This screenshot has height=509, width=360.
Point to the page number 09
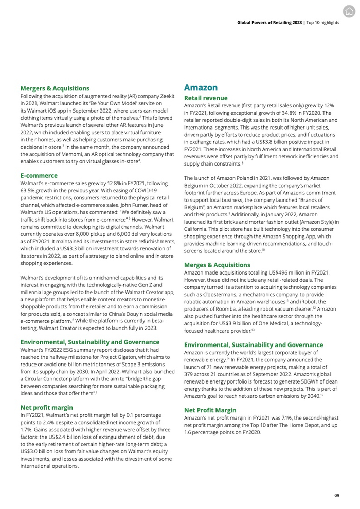(x=337, y=495)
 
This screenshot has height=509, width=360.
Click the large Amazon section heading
(x=201, y=88)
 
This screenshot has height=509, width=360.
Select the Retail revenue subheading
(x=203, y=97)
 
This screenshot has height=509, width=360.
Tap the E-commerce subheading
(x=39, y=175)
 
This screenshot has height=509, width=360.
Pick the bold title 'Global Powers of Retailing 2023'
(x=269, y=23)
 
